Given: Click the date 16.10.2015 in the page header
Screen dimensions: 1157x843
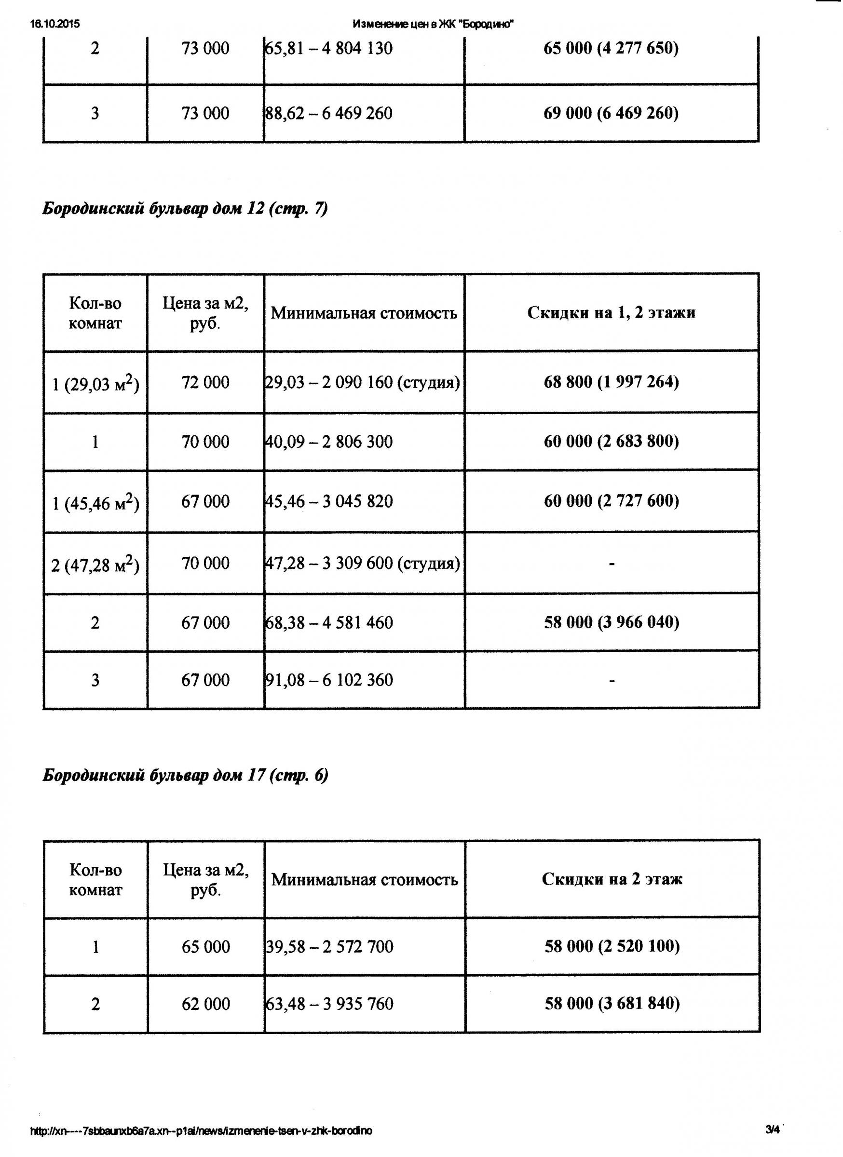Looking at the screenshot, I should (x=55, y=24).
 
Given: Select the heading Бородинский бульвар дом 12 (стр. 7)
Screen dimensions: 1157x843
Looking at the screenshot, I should (x=185, y=209).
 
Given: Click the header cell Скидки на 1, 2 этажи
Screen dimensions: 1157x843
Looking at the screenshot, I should (x=612, y=313).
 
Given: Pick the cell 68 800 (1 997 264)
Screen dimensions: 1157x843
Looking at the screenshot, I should (x=612, y=382).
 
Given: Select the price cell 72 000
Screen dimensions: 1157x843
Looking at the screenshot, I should (x=205, y=383).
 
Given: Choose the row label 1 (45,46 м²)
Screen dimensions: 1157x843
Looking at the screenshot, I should (x=95, y=503).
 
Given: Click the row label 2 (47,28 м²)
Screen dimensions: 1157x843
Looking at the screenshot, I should (x=95, y=565).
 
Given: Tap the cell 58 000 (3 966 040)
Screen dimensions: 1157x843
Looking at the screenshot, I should (x=612, y=622).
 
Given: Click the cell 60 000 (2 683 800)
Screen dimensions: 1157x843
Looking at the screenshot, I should (x=612, y=441).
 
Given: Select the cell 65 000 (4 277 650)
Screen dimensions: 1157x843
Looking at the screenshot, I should (x=612, y=49).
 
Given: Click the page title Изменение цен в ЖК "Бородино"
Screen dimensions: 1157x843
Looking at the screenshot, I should (x=433, y=24).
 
